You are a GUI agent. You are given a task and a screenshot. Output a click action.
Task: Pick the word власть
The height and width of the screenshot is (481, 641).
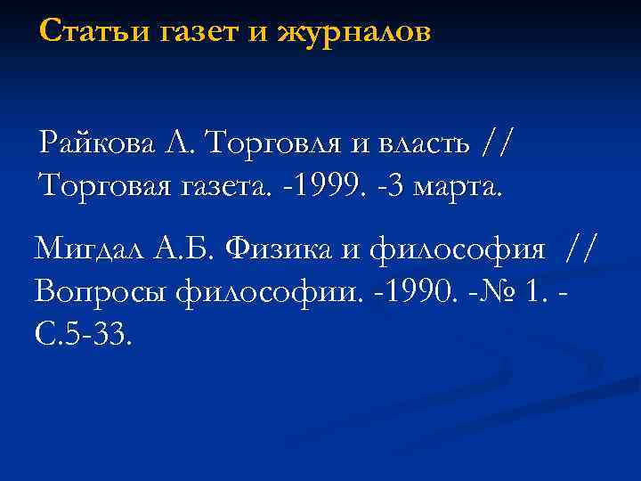coord(419,143)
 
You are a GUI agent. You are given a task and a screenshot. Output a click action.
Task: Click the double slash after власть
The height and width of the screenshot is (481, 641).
coord(497,143)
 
